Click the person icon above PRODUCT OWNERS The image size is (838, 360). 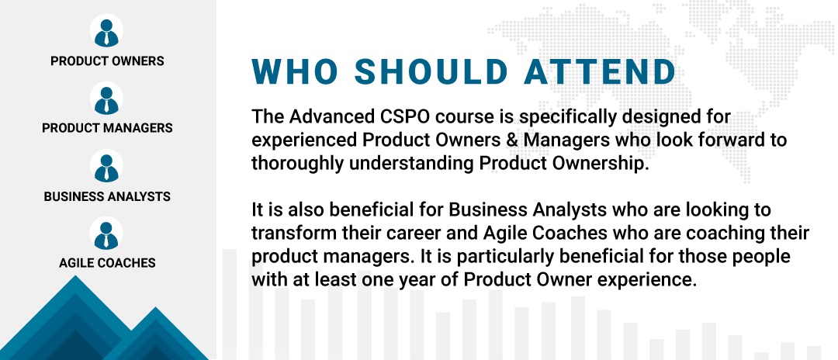click(106, 30)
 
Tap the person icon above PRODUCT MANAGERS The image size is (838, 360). click(106, 99)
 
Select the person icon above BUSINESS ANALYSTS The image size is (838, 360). click(106, 165)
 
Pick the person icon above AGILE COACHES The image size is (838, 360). click(106, 233)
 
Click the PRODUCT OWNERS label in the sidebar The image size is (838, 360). click(107, 61)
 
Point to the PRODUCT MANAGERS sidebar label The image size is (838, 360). click(107, 128)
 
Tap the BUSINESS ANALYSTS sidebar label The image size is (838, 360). click(107, 196)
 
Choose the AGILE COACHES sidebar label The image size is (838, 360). click(107, 263)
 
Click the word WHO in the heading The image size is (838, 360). click(296, 71)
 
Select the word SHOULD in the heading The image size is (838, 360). click(431, 71)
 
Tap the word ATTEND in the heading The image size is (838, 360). click(600, 71)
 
